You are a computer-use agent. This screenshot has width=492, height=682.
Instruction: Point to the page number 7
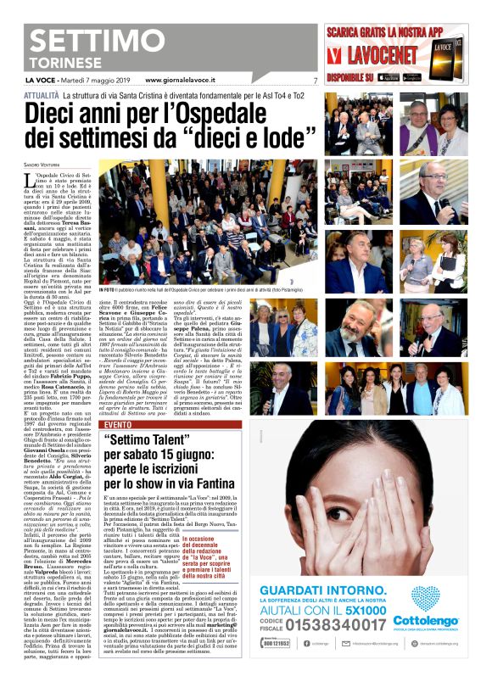(315, 81)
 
